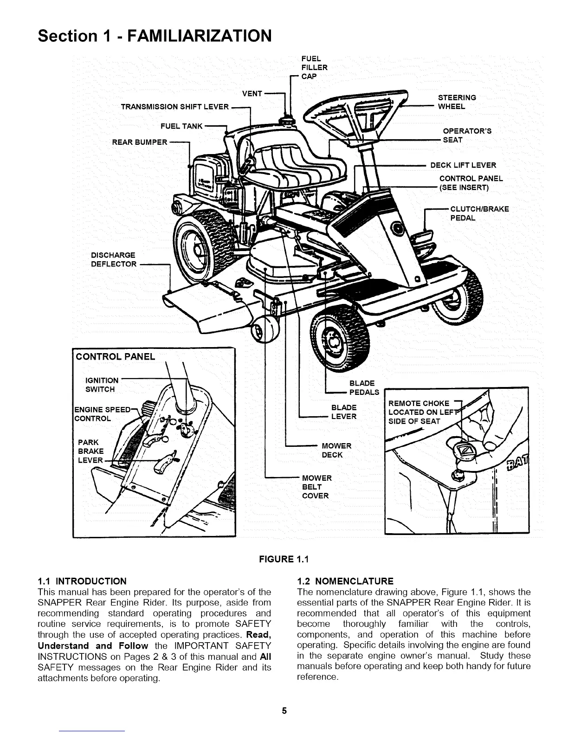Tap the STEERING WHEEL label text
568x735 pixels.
(457, 102)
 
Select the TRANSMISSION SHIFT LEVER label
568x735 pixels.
(174, 107)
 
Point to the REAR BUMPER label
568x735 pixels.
(139, 142)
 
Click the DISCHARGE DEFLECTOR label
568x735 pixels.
(114, 260)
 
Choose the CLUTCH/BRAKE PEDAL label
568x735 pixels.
(479, 213)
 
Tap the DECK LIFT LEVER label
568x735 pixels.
(463, 165)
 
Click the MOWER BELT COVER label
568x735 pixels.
(316, 487)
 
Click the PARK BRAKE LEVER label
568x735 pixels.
(90, 451)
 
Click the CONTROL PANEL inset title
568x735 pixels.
(115, 356)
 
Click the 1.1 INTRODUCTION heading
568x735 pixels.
(82, 581)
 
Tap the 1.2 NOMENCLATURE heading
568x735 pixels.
(345, 581)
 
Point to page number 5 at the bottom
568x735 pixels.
(284, 710)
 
